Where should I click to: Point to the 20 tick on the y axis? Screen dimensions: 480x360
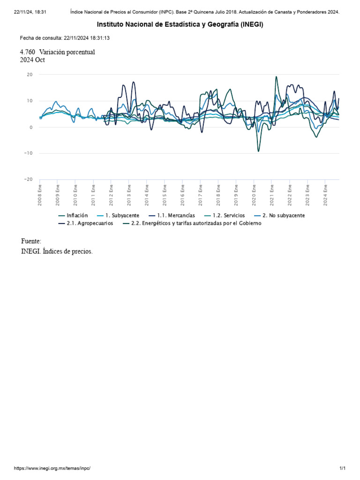[30, 75]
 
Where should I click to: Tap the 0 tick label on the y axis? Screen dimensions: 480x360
[31, 127]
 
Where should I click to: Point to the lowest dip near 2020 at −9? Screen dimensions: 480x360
[258, 150]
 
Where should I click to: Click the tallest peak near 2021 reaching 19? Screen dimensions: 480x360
[276, 77]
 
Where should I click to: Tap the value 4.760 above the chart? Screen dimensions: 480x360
[28, 52]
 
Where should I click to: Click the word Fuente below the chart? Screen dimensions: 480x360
[31, 241]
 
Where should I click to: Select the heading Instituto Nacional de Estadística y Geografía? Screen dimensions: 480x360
[180, 24]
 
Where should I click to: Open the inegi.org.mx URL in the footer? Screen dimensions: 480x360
[52, 468]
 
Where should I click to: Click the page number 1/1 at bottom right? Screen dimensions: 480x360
[342, 468]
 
